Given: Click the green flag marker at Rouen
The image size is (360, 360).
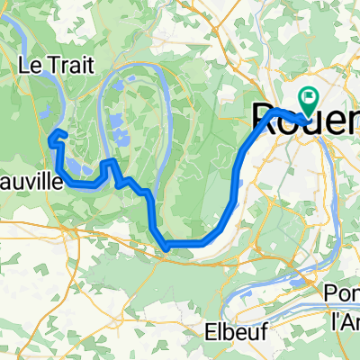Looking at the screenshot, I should (x=308, y=100).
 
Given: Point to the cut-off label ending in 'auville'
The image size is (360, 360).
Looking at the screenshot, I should (x=31, y=182).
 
